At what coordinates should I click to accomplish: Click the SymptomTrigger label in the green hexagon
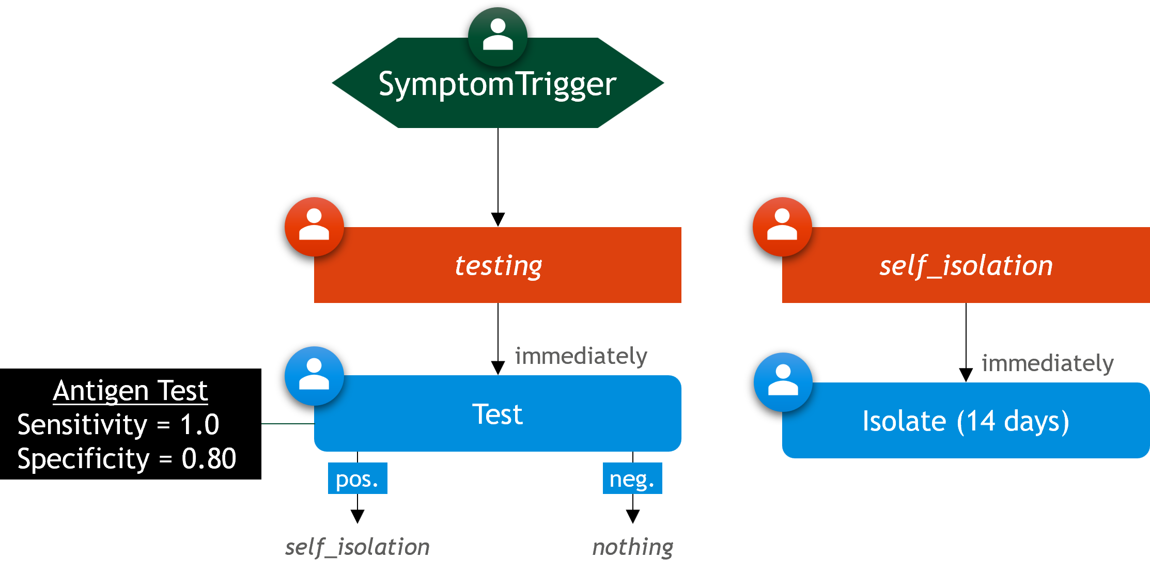pos(498,84)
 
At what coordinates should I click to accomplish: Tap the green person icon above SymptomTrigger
pos(498,36)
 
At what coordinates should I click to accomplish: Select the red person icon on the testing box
pos(314,227)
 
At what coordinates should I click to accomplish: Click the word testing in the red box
pos(498,266)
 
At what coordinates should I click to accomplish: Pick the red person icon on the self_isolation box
pos(782,227)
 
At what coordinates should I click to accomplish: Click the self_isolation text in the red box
pos(966,266)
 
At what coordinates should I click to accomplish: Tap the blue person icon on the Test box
pos(314,376)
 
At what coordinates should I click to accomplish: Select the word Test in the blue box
pos(498,414)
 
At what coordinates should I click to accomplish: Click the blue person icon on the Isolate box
pos(783,382)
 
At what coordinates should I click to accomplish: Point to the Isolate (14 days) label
pos(966,421)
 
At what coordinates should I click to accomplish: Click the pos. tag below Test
pos(358,478)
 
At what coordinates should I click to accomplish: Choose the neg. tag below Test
pos(632,478)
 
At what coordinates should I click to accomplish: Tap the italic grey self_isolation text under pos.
pos(358,547)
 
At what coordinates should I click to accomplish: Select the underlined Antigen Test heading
pos(130,391)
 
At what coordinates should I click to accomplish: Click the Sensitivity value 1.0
pos(199,425)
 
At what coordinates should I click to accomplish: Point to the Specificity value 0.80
pos(209,458)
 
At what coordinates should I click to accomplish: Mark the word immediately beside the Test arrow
pos(581,356)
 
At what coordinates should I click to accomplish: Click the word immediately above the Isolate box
pos(1048,363)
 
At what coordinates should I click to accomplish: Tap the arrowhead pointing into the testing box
pos(498,219)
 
